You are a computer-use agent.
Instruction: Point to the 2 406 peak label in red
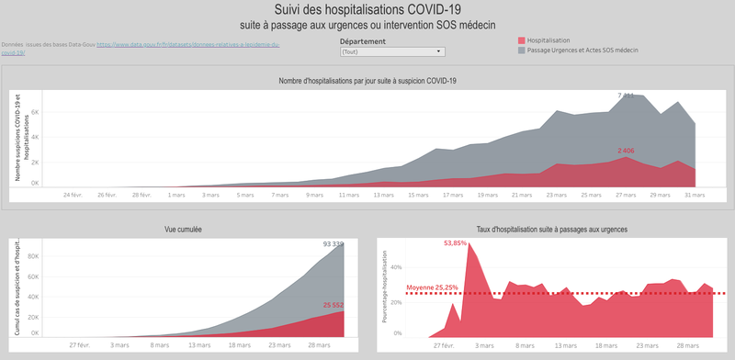click(x=626, y=150)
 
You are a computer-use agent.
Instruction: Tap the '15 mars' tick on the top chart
click(x=418, y=195)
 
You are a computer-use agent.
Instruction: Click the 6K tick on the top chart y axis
click(x=35, y=113)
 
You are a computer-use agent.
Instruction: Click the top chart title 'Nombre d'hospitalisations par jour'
click(x=367, y=81)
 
